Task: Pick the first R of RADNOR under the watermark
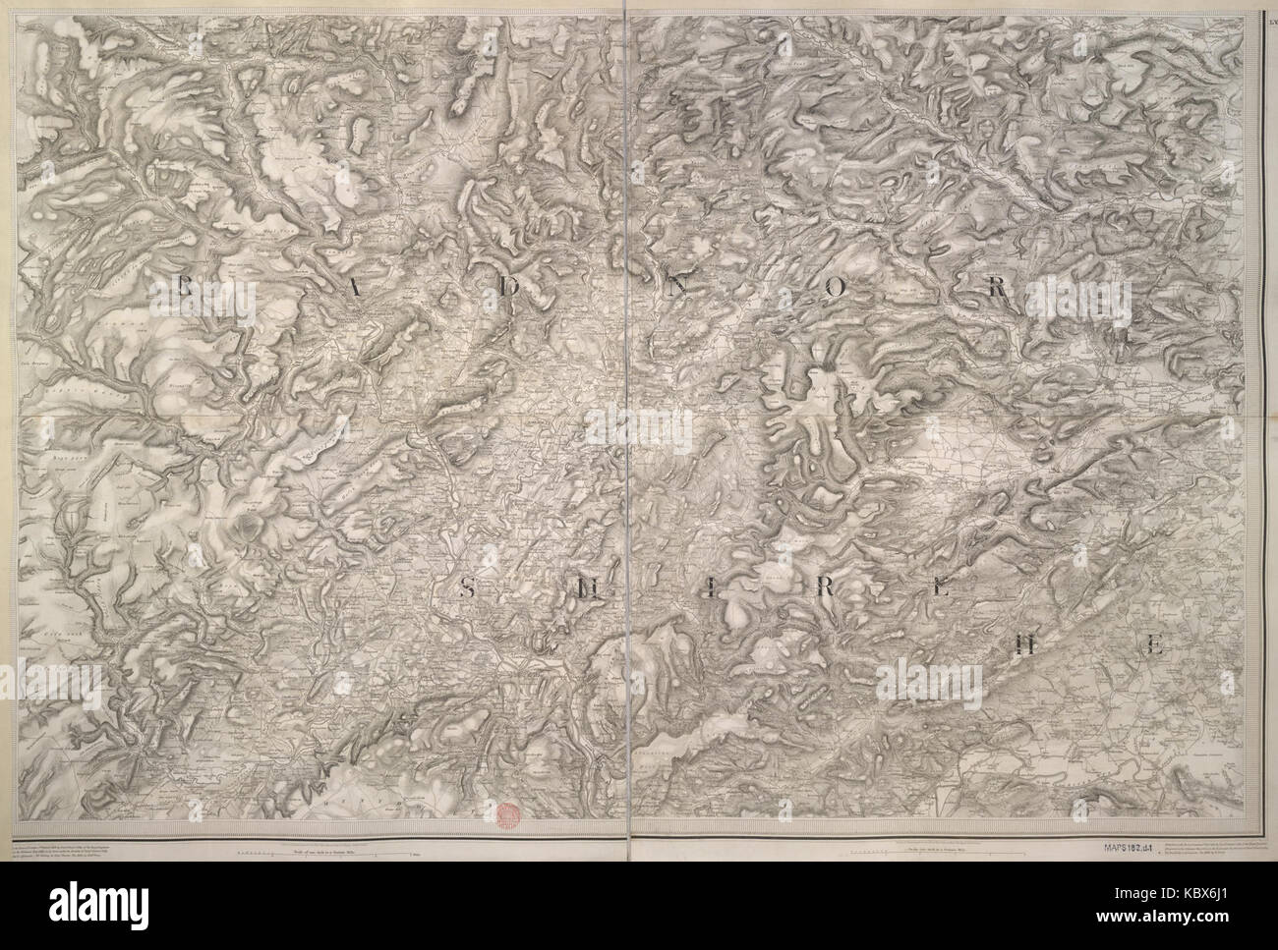[184, 288]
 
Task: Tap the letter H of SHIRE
[587, 589]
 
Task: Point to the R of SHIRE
[827, 589]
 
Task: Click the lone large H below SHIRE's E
[1025, 644]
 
